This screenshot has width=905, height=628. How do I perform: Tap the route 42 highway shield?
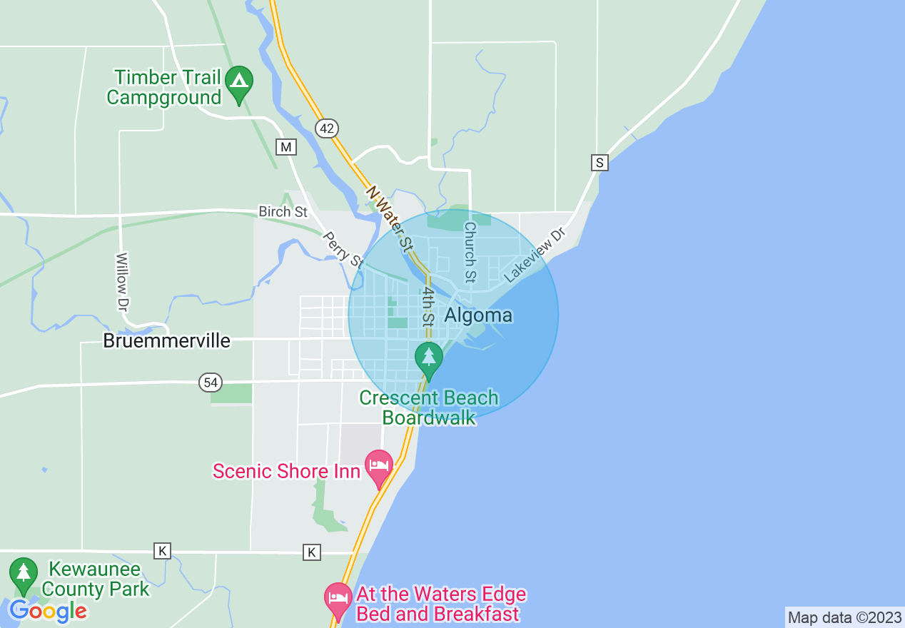click(326, 128)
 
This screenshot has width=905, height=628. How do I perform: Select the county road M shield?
click(286, 147)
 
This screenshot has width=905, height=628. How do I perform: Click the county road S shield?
click(600, 163)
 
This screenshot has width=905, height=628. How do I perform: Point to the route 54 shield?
click(210, 383)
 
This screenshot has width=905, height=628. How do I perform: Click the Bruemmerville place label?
click(166, 340)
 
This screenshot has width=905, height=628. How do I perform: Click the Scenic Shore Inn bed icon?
click(378, 467)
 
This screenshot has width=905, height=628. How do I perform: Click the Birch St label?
click(283, 212)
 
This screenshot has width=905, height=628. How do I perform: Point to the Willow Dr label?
click(123, 281)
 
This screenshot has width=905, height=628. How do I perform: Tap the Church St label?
click(470, 251)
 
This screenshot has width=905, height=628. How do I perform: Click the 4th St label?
click(428, 307)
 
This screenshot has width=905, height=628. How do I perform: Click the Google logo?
click(48, 612)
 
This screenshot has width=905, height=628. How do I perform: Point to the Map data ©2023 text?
click(844, 617)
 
